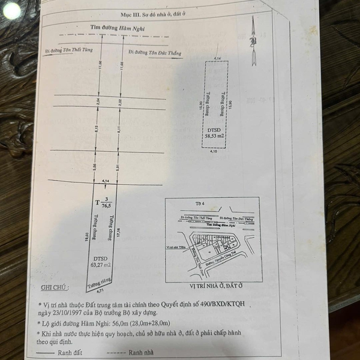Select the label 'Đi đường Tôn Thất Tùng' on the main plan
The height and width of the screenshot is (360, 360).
[65, 51]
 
